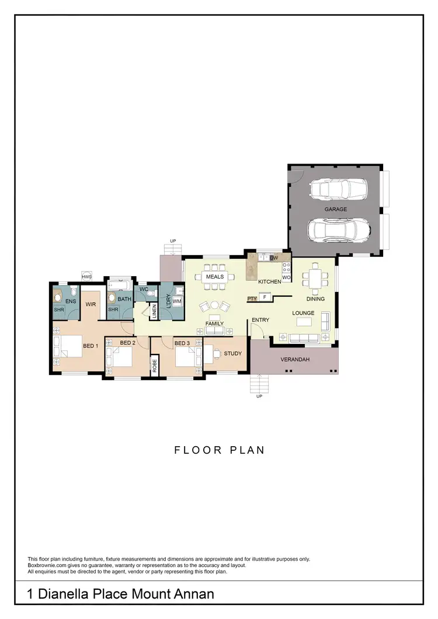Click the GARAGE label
[x=336, y=209]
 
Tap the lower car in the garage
[x=339, y=230]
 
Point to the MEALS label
[x=215, y=276]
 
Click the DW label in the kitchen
[x=273, y=258]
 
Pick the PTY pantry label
[x=252, y=298]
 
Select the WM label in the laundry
[x=177, y=301]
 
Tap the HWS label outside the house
[x=87, y=277]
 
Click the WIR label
[x=91, y=304]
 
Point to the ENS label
[x=71, y=301]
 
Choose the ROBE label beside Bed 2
[x=155, y=366]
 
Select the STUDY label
[x=232, y=353]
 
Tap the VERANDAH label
[x=295, y=359]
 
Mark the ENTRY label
[x=260, y=320]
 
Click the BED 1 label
[x=89, y=346]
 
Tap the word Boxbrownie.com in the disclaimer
[x=48, y=565]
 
